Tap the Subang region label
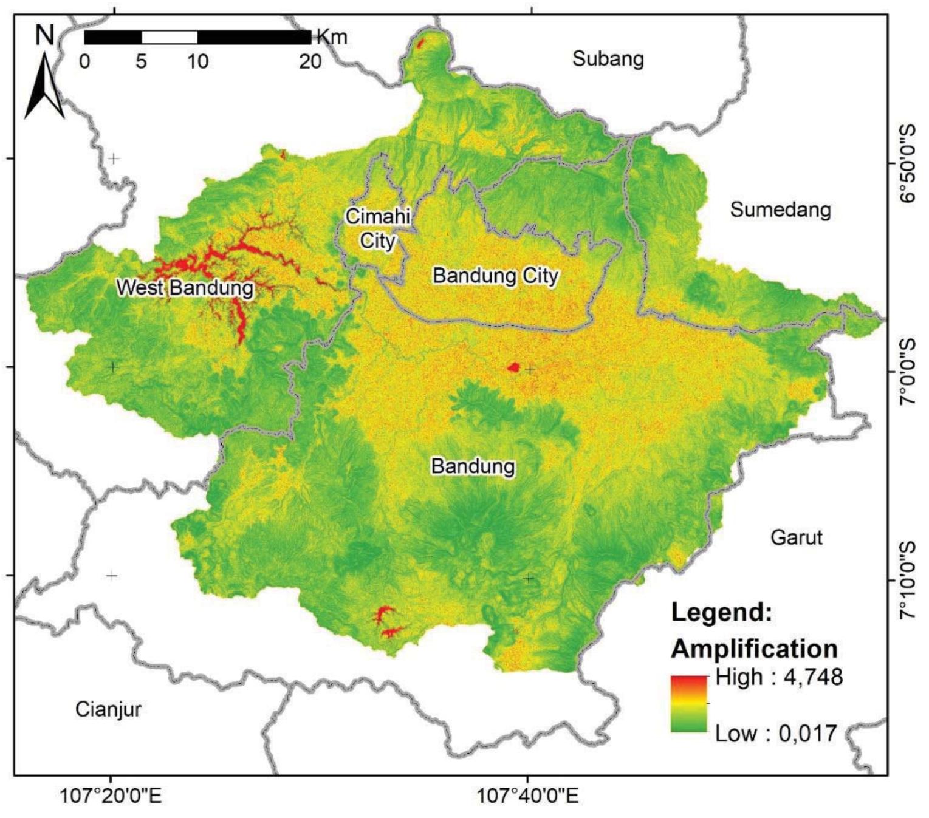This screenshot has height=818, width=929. pos(608,59)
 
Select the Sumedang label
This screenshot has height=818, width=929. pos(780,210)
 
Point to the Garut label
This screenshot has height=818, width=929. pos(796,537)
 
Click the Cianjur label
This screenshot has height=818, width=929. pos(108,709)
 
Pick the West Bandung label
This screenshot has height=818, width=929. pos(185,287)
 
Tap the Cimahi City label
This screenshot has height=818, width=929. pos(377,228)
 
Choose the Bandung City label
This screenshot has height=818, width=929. pos(495,276)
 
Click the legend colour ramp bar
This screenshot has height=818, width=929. pos(689,704)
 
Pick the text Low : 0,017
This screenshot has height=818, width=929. pos(776,733)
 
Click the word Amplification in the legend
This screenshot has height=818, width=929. pos(754,649)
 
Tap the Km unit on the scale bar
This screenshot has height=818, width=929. pos(332,36)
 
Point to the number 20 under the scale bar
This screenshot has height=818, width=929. pos(310,61)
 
